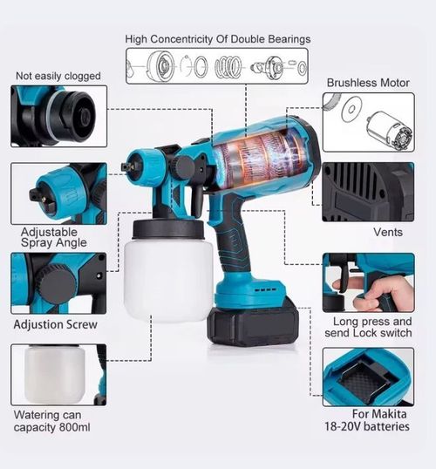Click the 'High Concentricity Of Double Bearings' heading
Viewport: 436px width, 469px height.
click(217, 39)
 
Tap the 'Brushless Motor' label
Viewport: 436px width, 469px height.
click(368, 83)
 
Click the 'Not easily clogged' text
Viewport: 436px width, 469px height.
click(58, 76)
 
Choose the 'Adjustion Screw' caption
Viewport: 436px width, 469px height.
click(55, 324)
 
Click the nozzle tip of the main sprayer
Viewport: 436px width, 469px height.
click(128, 163)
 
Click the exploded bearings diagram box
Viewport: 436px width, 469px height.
click(217, 66)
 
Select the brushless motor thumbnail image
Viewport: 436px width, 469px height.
click(367, 122)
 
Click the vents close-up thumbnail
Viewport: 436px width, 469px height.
click(367, 191)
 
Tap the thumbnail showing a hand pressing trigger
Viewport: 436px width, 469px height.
click(367, 282)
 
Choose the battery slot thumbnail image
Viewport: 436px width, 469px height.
click(367, 377)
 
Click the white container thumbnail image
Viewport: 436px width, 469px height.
click(58, 374)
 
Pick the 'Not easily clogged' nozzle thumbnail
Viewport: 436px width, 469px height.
click(58, 115)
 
